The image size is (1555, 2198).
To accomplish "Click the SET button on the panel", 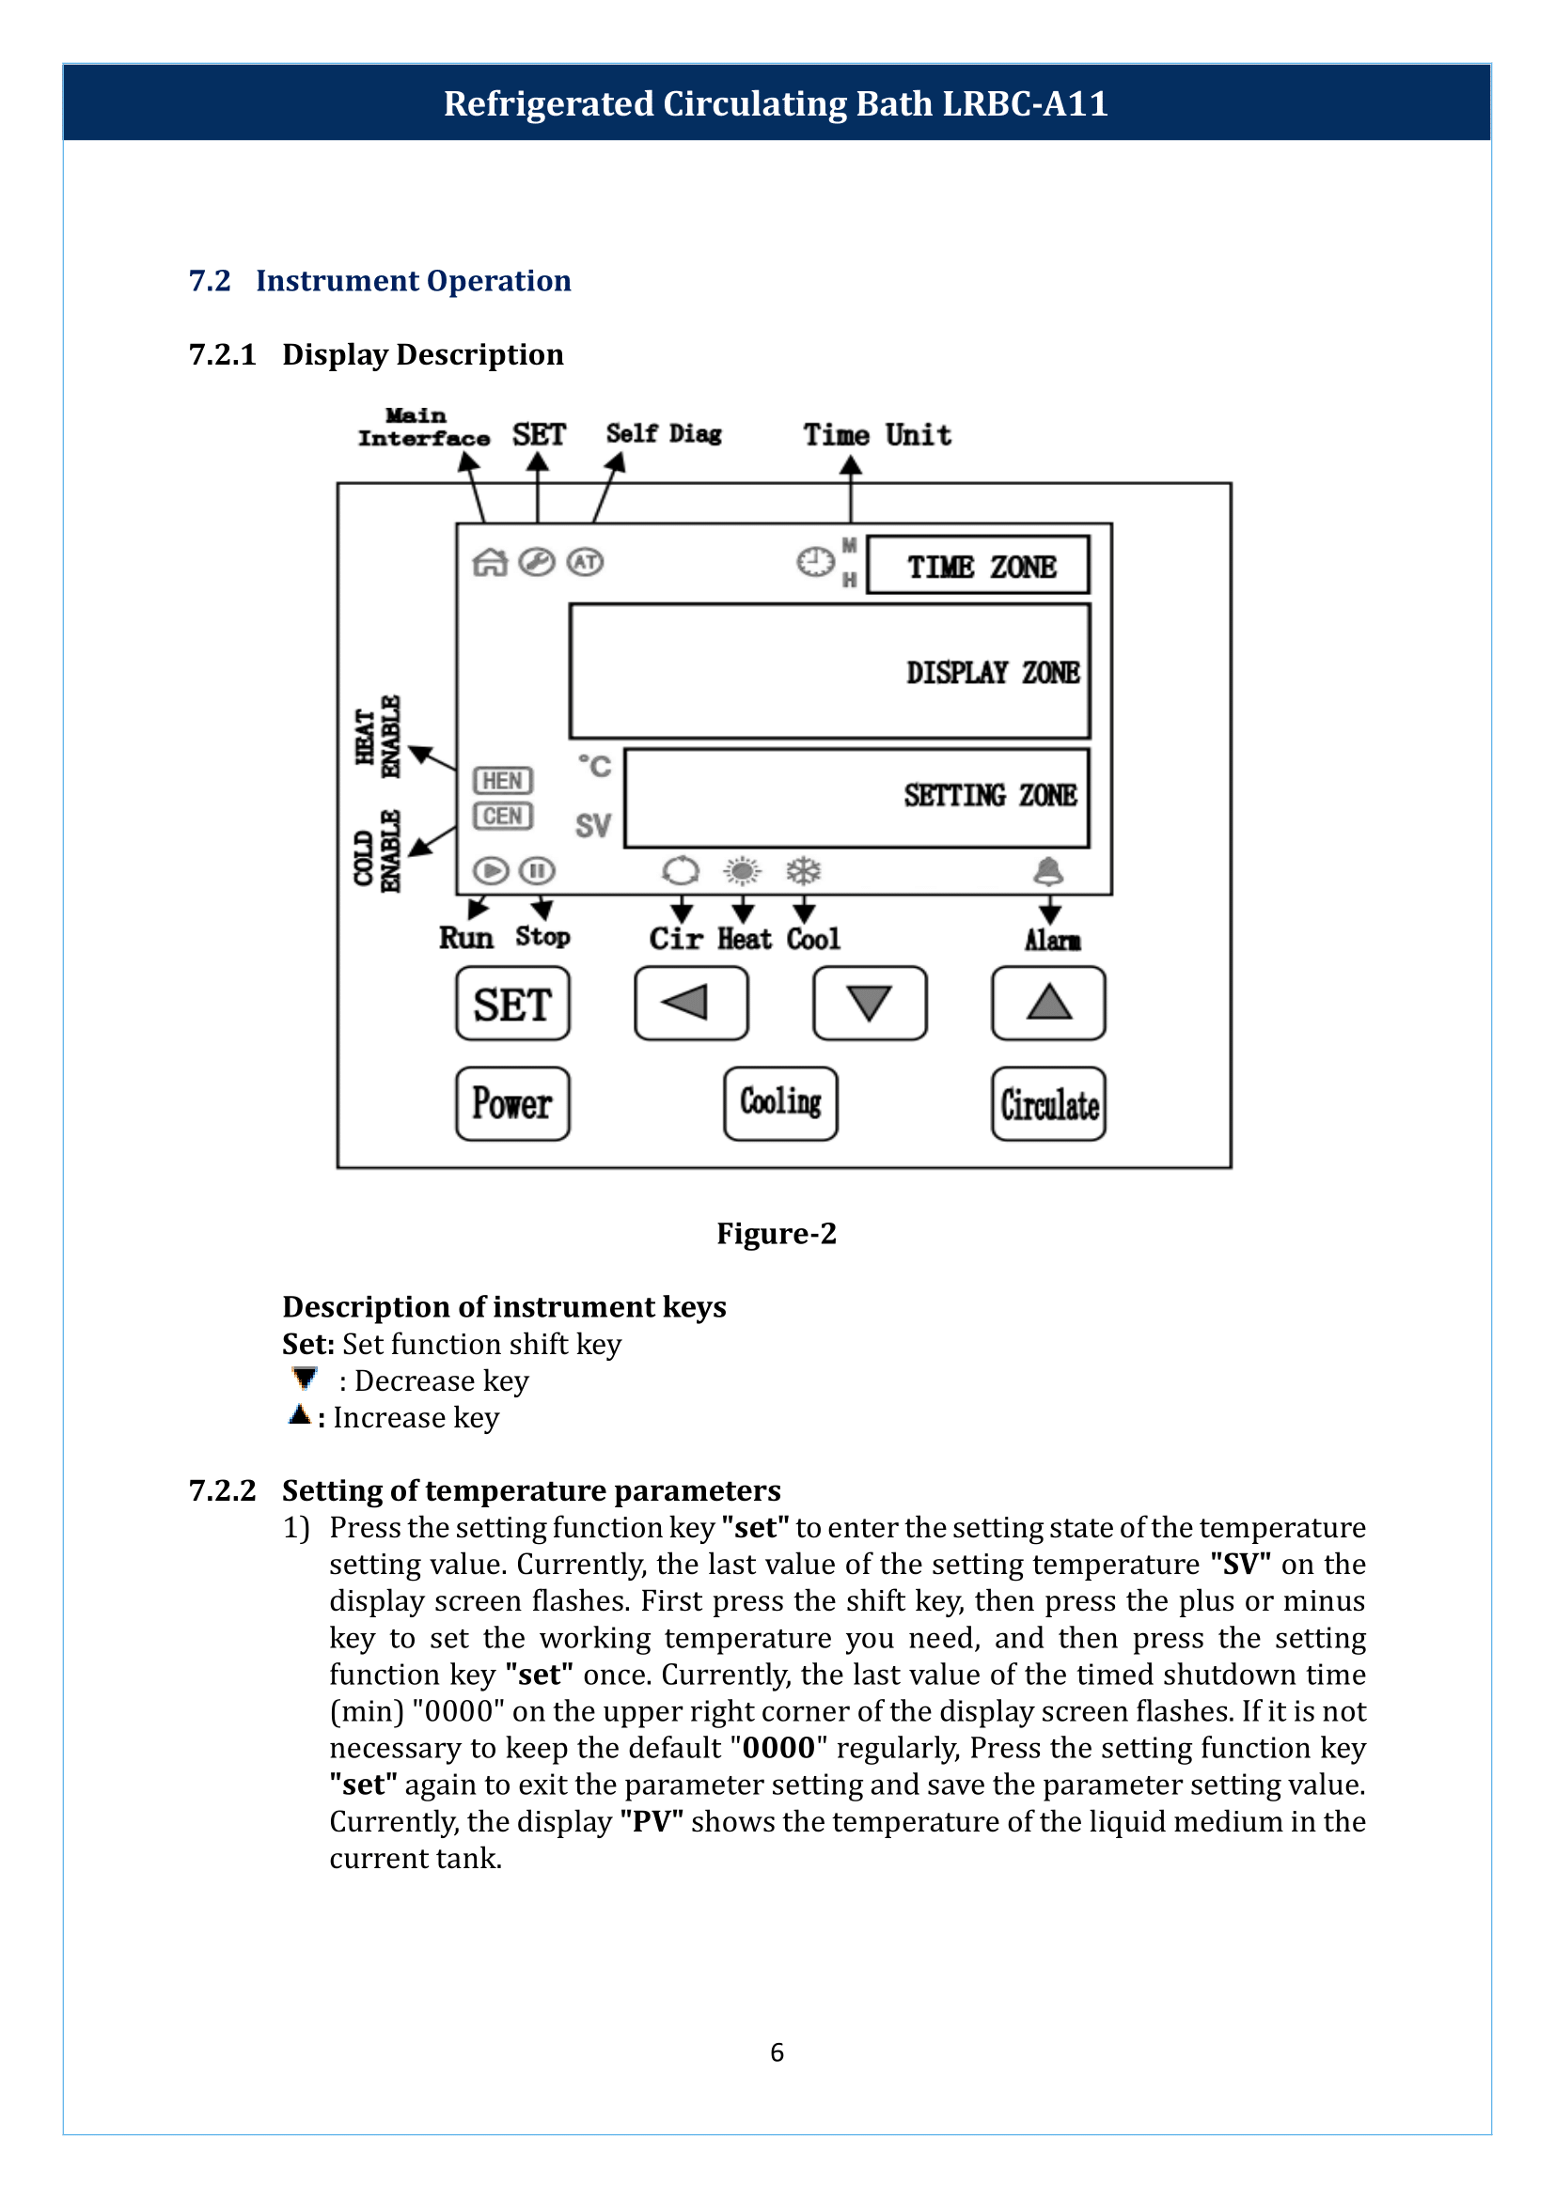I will (x=512, y=1004).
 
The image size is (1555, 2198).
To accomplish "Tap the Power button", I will (x=512, y=1104).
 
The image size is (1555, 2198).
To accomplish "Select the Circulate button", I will (x=1048, y=1104).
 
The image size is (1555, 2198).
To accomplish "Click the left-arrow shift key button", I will (x=690, y=1004).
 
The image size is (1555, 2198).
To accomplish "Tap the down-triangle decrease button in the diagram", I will (x=870, y=1004).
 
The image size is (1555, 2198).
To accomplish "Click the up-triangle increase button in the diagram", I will (x=1048, y=1004).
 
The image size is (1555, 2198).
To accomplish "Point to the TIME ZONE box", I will (x=978, y=565).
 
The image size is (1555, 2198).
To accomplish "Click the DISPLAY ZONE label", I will (x=992, y=672).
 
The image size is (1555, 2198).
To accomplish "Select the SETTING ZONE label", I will (x=990, y=795).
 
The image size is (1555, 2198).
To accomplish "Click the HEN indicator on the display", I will (x=503, y=780).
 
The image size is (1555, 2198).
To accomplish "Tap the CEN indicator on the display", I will (x=503, y=816).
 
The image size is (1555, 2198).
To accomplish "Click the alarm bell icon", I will (x=1048, y=871).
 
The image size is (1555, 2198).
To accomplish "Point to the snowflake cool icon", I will (x=803, y=871).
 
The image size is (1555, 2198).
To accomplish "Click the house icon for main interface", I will (x=489, y=562).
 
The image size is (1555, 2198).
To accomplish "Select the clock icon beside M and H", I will (x=816, y=562).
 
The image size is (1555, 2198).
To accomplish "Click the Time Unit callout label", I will (x=877, y=435).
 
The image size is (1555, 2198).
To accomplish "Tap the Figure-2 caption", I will (x=777, y=1233).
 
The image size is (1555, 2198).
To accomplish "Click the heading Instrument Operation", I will (x=413, y=280).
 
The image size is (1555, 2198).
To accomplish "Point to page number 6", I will (x=777, y=2051).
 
